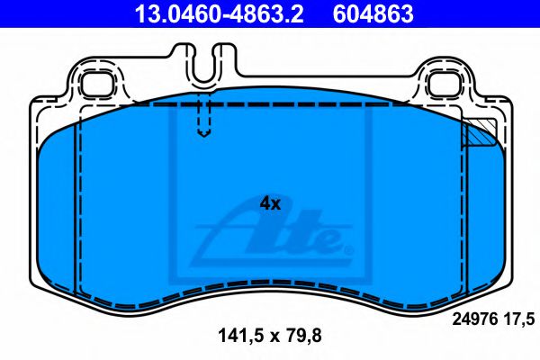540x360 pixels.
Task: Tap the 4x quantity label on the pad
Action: coord(270,203)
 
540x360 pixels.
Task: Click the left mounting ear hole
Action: coord(94,83)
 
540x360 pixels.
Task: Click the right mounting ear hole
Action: coord(445,83)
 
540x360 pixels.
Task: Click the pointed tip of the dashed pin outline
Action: coord(204,136)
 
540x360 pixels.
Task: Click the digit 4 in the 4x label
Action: coord(265,203)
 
